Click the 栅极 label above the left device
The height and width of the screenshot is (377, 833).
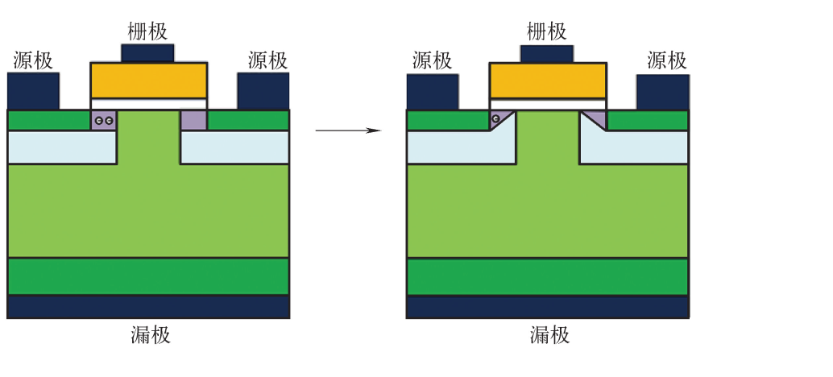pyautogui.click(x=148, y=31)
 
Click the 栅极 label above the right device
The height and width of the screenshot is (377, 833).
pyautogui.click(x=547, y=31)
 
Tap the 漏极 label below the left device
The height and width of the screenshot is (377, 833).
pyautogui.click(x=151, y=335)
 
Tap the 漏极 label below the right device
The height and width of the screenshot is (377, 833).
pyautogui.click(x=550, y=335)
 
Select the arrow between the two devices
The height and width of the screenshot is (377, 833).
pyautogui.click(x=347, y=129)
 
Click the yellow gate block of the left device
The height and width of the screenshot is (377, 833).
pyautogui.click(x=148, y=80)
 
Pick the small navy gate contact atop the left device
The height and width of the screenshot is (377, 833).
pyautogui.click(x=147, y=53)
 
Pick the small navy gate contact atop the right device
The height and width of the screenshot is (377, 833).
pyautogui.click(x=547, y=54)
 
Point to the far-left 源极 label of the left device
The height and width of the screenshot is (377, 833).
pyautogui.click(x=33, y=60)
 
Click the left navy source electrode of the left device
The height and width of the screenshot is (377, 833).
pyautogui.click(x=33, y=91)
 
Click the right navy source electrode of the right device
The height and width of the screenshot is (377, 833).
pyautogui.click(x=662, y=91)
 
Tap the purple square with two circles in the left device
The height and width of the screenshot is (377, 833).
pyautogui.click(x=103, y=120)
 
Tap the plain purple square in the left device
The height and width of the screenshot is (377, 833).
pyautogui.click(x=193, y=120)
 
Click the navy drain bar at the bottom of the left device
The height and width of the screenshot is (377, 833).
pyautogui.click(x=148, y=307)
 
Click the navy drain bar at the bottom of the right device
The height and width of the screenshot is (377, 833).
pyautogui.click(x=547, y=307)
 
